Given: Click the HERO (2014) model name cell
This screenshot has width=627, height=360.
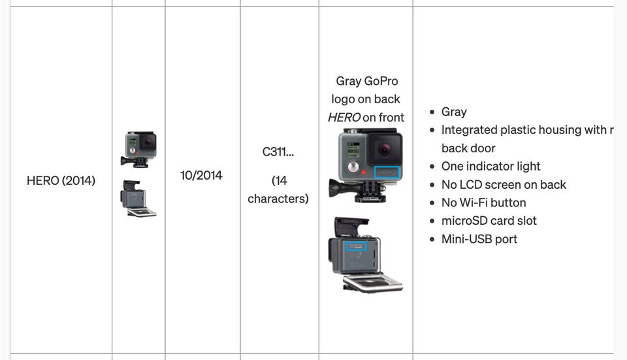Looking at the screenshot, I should pos(61,180).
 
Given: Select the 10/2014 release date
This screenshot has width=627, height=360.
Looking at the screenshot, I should pos(201,175).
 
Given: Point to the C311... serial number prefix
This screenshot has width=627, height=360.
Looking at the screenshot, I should pos(278,152).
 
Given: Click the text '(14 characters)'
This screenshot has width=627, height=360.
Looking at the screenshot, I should pos(278,189).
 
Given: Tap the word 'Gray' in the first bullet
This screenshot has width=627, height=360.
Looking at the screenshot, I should pos(454,112).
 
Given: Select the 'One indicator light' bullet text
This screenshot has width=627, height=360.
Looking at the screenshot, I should pos(490,166).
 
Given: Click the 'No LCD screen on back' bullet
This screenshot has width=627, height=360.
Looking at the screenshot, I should pos(504,184).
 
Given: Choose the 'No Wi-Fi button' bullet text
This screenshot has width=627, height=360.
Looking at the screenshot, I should pos(483,203).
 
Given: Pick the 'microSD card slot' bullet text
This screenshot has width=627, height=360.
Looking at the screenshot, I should pos(489,221).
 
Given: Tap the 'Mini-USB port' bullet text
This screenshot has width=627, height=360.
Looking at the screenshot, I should pos(479,239).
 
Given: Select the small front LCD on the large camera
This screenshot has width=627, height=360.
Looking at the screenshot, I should pos(353,148).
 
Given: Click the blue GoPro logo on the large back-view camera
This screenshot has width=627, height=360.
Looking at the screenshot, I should pos(356,246).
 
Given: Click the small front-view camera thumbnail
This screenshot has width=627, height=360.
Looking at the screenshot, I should pos(138,150).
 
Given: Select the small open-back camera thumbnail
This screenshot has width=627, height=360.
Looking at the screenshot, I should pos(138,199).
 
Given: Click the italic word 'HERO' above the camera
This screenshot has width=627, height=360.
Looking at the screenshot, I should pos(344,118).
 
